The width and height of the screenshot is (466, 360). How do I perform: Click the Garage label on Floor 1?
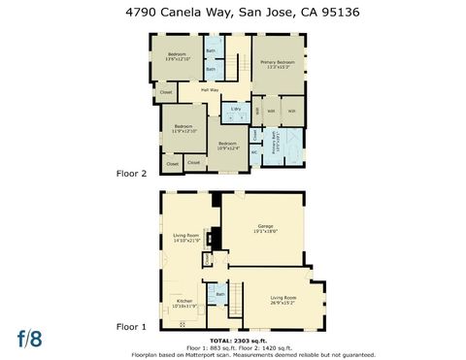coord(267,228)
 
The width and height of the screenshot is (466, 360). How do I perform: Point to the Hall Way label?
coord(210,90)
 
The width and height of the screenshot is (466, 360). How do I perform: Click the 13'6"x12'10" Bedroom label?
coord(177,56)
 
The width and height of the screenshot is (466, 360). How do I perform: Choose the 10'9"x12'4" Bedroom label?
coord(228,147)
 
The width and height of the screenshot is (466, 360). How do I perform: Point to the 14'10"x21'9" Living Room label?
coord(186,237)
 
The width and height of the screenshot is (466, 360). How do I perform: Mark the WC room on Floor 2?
coord(254,151)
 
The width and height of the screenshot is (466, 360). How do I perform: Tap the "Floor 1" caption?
coord(131,327)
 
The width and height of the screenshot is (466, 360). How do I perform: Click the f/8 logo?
coord(30,339)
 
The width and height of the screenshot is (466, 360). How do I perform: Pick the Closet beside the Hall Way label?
coord(166,93)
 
